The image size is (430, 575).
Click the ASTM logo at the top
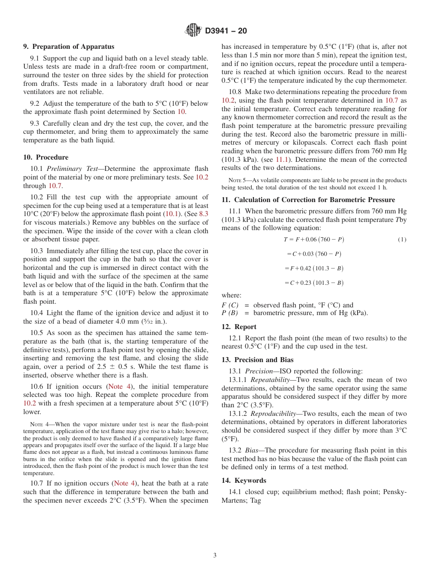pyautogui.click(x=193, y=30)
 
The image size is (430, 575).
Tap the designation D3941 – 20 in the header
pyautogui.click(x=226, y=31)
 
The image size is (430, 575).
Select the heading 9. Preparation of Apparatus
pyautogui.click(x=69, y=47)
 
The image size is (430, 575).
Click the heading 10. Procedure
pyautogui.click(x=46, y=157)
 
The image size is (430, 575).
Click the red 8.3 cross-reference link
pyautogui.click(x=204, y=214)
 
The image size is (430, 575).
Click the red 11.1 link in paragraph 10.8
pyautogui.click(x=282, y=160)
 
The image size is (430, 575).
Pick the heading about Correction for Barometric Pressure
pyautogui.click(x=308, y=200)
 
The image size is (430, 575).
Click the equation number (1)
pyautogui.click(x=402, y=240)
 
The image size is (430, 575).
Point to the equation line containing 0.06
pyautogui.click(x=311, y=240)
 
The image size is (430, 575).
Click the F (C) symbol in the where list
pyautogui.click(x=230, y=305)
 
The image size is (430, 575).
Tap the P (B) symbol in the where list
pyautogui.click(x=230, y=313)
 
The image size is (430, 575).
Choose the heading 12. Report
pyautogui.click(x=239, y=327)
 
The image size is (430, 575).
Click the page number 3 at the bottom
pyautogui.click(x=215, y=556)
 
